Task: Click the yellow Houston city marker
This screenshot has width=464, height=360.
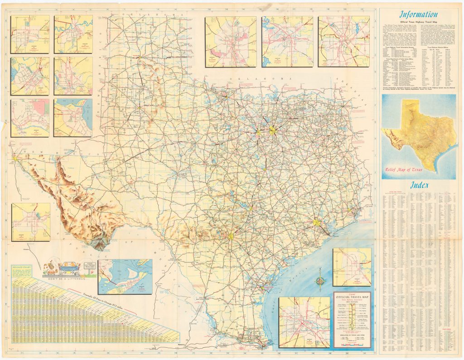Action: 316,222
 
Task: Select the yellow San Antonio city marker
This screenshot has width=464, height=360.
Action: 231,235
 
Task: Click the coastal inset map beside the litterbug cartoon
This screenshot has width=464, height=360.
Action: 125,276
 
